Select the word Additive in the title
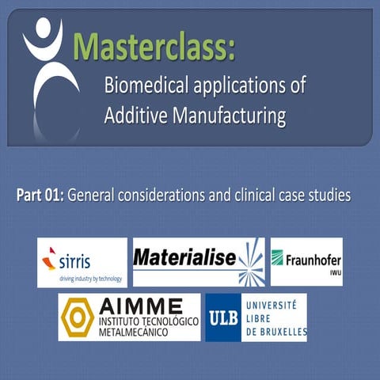tap(134, 117)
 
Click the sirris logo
tap(82, 262)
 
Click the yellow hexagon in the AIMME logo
tap(78, 317)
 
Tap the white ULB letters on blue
tap(222, 316)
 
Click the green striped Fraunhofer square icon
tap(278, 258)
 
